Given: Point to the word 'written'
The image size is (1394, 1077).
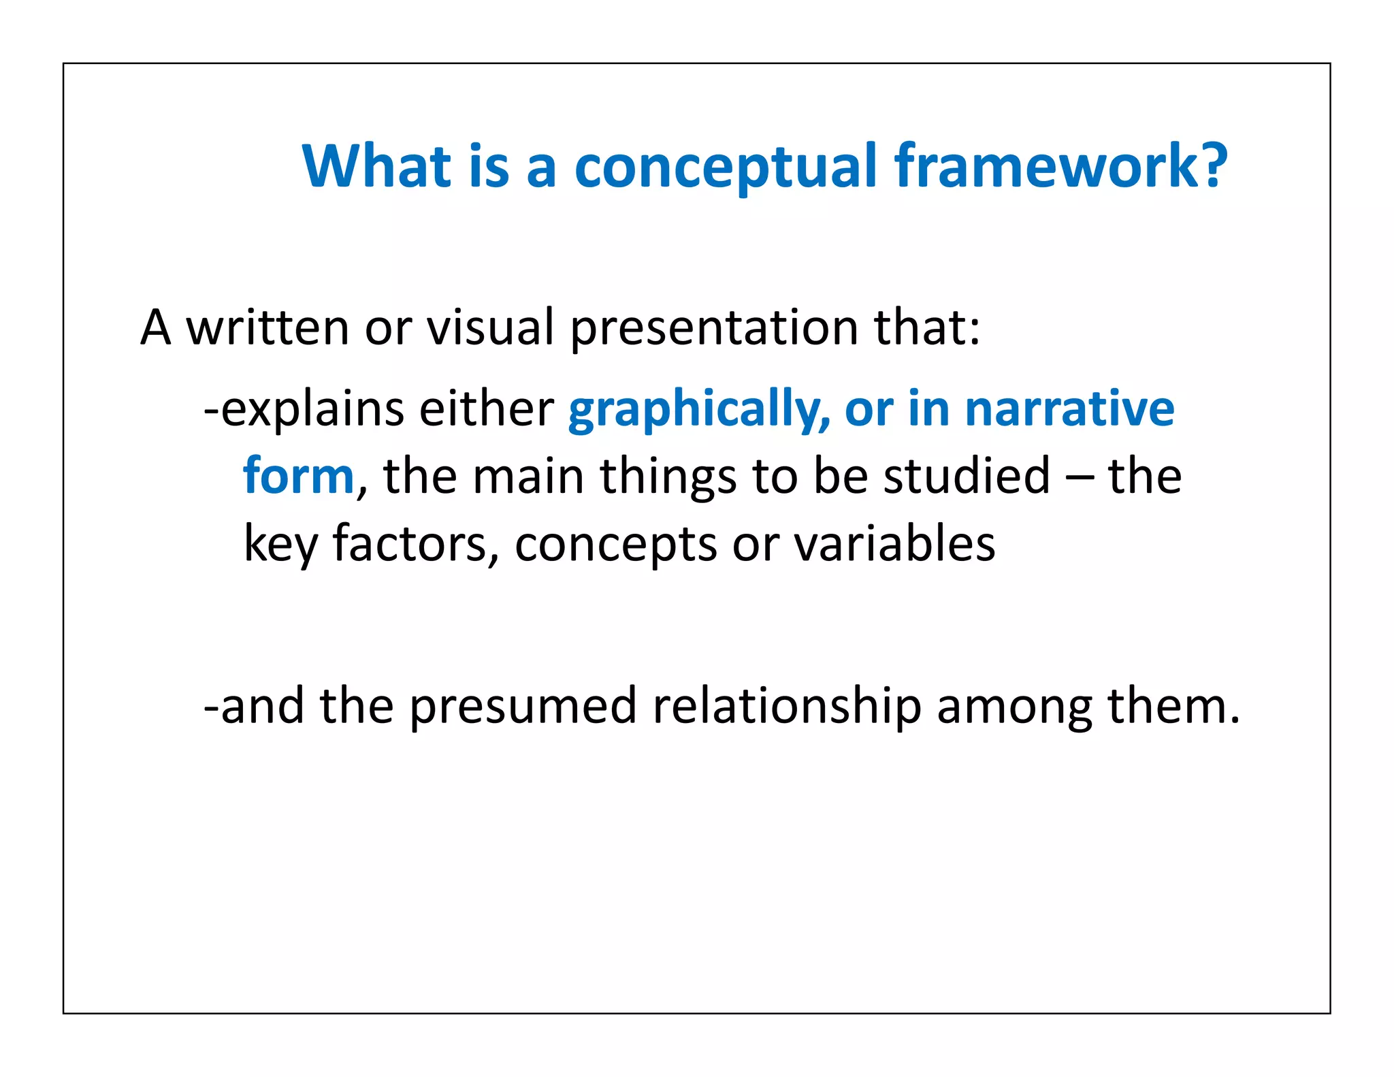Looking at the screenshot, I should click(268, 328).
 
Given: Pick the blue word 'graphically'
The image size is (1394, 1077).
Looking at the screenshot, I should click(698, 410).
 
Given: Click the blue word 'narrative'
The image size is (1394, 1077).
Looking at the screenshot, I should click(1069, 408).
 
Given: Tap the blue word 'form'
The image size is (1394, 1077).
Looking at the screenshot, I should click(298, 476).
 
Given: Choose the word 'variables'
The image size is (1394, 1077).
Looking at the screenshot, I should click(894, 544).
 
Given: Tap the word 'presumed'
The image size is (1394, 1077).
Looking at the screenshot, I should click(523, 706).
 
